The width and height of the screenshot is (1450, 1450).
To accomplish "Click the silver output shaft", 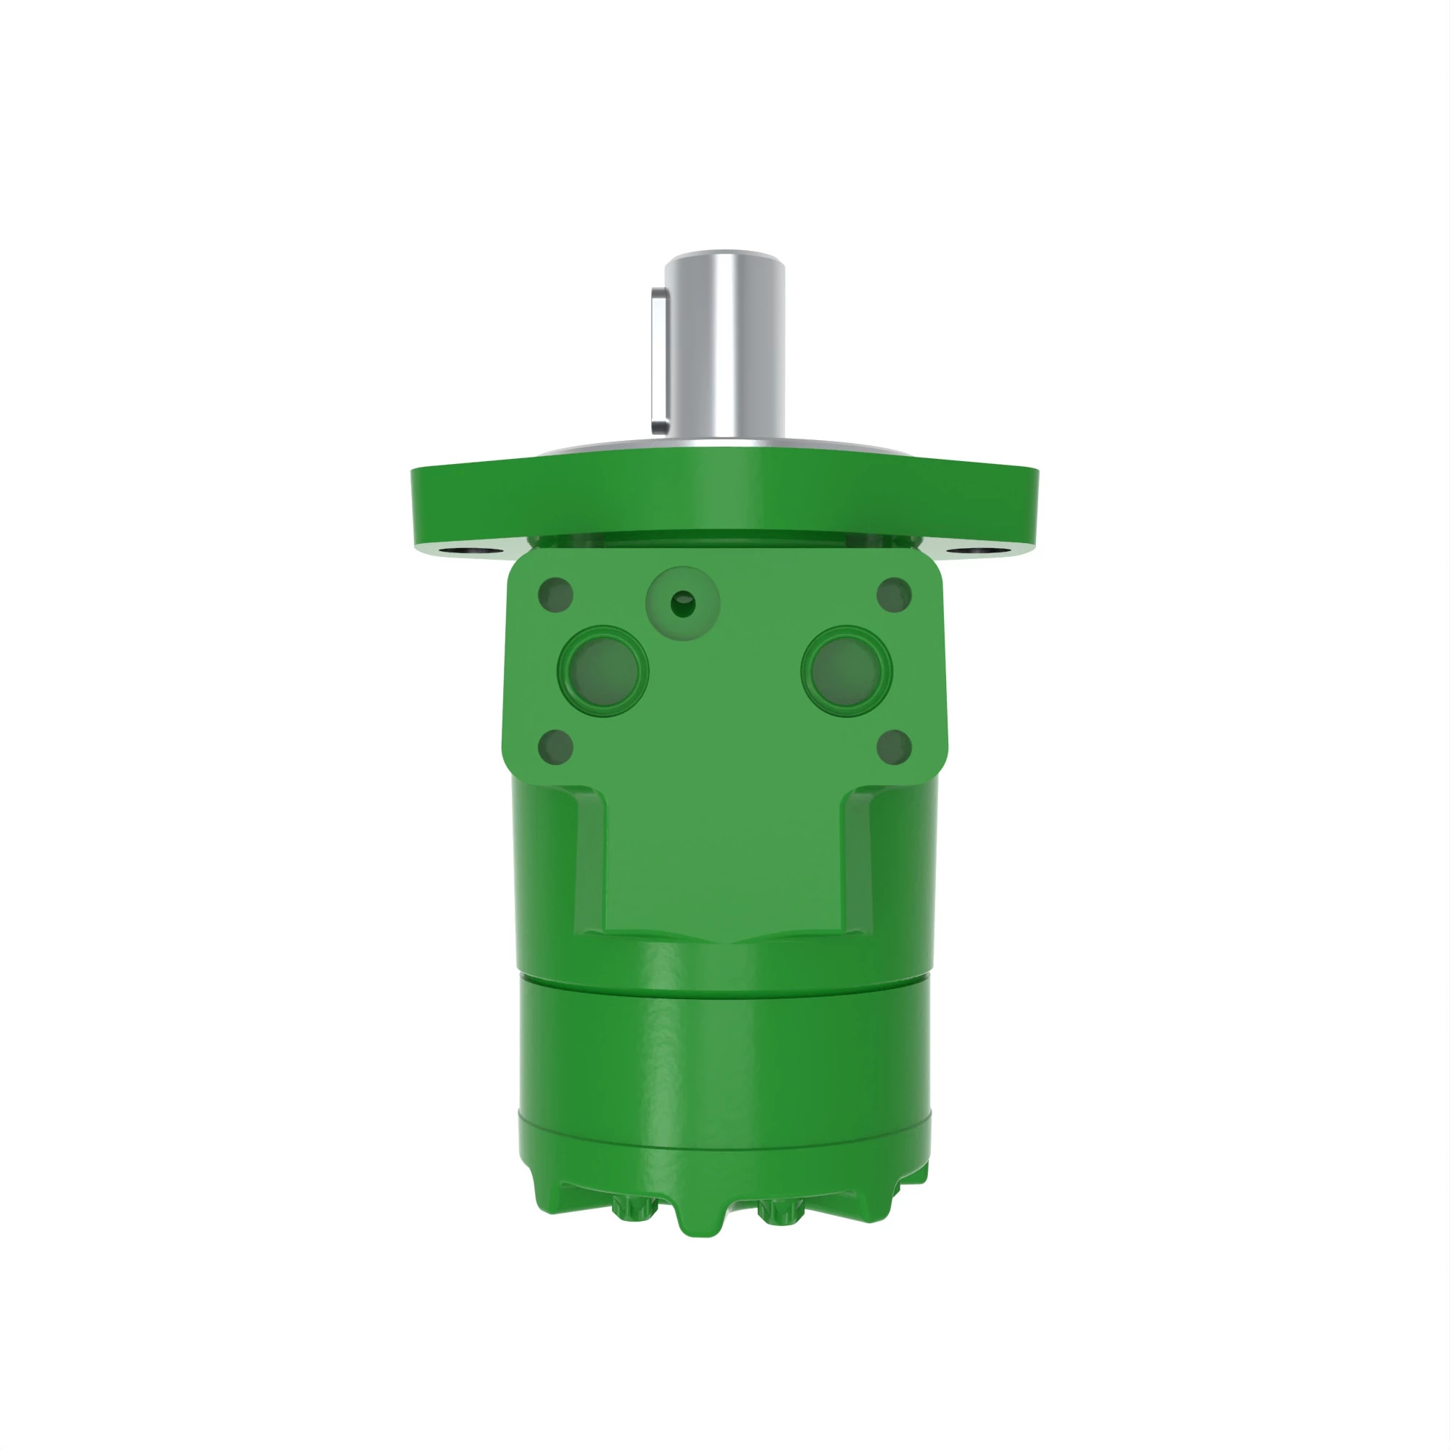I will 725,345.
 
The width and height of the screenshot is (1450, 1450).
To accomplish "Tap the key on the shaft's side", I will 659,360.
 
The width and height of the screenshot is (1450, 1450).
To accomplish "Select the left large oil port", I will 603,670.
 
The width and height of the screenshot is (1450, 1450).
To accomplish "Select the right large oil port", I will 846,670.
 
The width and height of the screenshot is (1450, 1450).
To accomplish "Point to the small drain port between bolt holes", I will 682,603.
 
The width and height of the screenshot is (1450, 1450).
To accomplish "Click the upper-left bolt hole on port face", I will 555,595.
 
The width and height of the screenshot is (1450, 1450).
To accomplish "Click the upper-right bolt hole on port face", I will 894,595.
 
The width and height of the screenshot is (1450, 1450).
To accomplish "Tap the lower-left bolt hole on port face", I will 555,747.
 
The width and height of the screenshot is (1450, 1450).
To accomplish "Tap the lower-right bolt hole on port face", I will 894,747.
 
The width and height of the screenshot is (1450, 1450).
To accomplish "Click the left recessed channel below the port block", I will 590,863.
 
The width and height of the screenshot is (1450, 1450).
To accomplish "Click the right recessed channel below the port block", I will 859,863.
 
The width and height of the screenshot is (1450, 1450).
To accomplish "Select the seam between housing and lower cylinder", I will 724,978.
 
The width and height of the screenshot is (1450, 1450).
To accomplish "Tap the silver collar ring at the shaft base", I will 724,445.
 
